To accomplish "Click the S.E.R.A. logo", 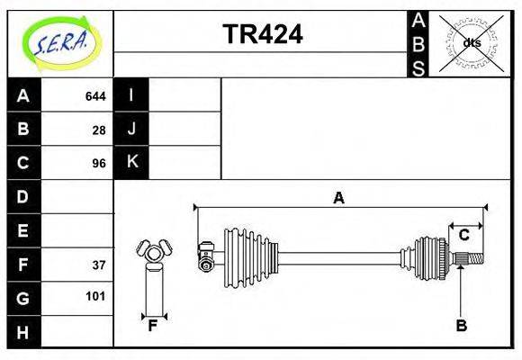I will click(59, 40).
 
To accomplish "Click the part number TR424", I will click(262, 33).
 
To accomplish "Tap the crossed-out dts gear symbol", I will click(471, 42).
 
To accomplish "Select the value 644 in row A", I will click(95, 95).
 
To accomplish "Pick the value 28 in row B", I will click(99, 130).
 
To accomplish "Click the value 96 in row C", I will click(99, 164).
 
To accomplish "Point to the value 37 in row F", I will click(99, 265).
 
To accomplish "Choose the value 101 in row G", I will click(95, 296).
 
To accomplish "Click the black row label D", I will click(23, 196).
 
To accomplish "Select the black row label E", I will click(23, 230).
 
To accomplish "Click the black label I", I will click(131, 95).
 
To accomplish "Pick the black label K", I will click(131, 163).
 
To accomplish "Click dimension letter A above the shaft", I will click(338, 198).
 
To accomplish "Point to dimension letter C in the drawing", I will click(463, 236).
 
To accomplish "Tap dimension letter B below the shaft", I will click(461, 326).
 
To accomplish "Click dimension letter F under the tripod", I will click(153, 326).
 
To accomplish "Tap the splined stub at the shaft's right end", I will click(472, 260).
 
